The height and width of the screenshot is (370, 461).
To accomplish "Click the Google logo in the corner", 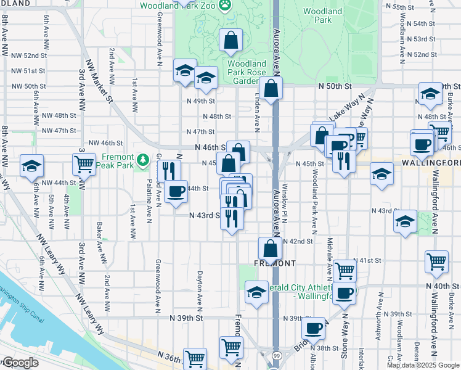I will pos(20,363).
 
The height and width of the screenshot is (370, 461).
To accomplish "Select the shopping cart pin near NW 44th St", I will pos(83,165).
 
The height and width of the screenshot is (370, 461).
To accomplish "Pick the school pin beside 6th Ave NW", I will pos(31,166).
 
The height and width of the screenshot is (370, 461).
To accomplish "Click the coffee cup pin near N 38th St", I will pos(314,327).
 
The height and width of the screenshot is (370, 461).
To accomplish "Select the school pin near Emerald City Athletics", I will pos(256,292).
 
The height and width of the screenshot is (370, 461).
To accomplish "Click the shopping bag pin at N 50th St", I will pos(271,89).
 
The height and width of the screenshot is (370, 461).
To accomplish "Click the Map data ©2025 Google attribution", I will pos(422,365).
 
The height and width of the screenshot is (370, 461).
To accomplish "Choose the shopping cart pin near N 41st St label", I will pos(436,262).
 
